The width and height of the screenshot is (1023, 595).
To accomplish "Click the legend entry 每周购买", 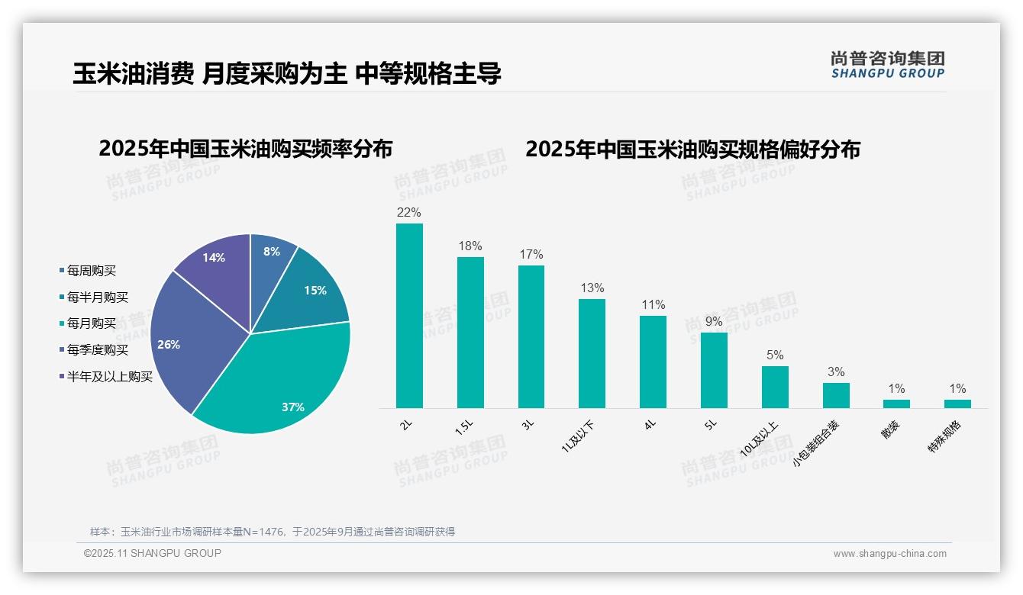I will pos(91,271).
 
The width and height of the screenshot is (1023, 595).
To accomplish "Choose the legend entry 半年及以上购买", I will pos(109,376).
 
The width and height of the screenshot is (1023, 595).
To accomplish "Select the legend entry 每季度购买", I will pos(97,350).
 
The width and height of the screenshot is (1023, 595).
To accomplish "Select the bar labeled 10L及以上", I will pos(775,387).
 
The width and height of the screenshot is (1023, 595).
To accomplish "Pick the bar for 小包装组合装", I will pos(836,395).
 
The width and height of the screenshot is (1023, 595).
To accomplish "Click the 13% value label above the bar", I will pos(592,288).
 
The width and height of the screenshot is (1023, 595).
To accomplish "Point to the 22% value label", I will pos(409,212).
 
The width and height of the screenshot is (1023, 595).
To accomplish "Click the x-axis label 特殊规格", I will pos(944,438).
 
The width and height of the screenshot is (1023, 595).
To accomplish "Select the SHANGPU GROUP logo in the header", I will pos(888,65).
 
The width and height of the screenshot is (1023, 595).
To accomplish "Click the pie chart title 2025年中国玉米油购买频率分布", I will pos(245,149).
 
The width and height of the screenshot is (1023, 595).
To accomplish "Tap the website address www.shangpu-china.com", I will pos(889,554).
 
